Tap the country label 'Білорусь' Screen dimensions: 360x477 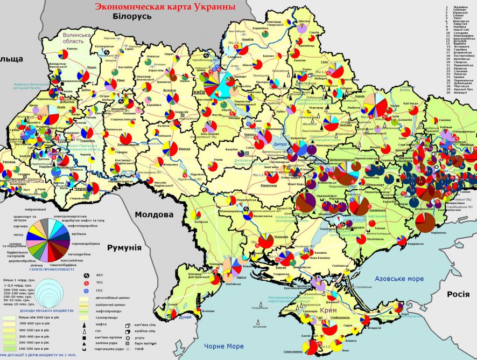(132, 17)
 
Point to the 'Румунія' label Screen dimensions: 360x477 (124, 248)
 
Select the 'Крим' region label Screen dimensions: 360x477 (328, 311)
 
